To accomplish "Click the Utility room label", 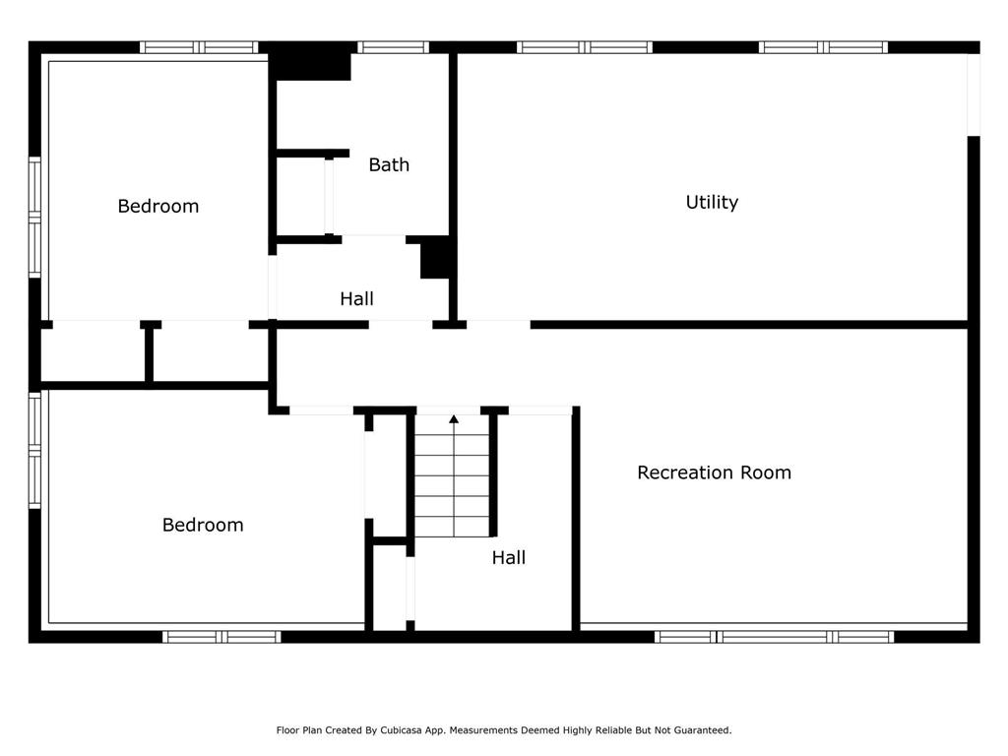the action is [x=712, y=203].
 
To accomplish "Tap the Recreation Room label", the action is [x=714, y=472].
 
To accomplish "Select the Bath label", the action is [x=389, y=164].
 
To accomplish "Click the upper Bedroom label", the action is [x=158, y=207].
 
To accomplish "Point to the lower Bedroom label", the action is [x=203, y=526].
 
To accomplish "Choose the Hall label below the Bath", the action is [x=356, y=298].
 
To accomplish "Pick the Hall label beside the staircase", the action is [x=509, y=557].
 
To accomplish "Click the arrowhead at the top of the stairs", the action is [x=454, y=419].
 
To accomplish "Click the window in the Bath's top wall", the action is [x=393, y=47].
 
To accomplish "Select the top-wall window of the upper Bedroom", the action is [x=199, y=47].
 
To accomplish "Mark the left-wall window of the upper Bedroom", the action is [x=34, y=218].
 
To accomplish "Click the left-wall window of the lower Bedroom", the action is [x=34, y=450].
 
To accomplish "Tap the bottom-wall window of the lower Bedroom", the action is [x=221, y=637].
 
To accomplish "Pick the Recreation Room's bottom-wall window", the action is [x=774, y=637].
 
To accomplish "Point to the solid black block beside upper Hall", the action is [x=435, y=257].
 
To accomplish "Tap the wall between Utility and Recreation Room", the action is [x=749, y=325].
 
